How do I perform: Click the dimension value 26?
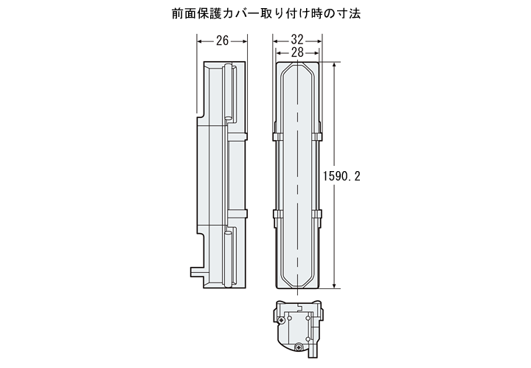(223, 41)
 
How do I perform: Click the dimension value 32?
(297, 40)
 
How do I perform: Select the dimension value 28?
(297, 52)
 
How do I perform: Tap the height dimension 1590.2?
(341, 176)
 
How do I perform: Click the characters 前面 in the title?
(184, 13)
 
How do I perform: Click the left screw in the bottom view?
(281, 319)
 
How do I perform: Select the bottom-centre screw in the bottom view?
(299, 347)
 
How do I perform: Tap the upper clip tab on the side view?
(237, 136)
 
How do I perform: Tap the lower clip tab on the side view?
(237, 214)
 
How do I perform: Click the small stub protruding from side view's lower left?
(197, 271)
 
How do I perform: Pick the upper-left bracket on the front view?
(278, 136)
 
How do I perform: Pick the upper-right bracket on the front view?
(316, 136)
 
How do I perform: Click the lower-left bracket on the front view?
(278, 214)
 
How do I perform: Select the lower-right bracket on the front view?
(316, 214)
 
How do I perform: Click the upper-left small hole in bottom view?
(290, 319)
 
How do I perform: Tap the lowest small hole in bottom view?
(308, 339)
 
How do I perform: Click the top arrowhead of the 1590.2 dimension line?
(335, 66)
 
